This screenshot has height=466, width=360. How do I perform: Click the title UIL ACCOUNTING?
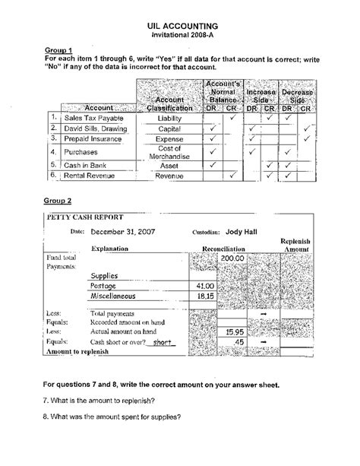pos(180,25)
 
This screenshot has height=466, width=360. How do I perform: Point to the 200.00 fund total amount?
pos(230,259)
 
